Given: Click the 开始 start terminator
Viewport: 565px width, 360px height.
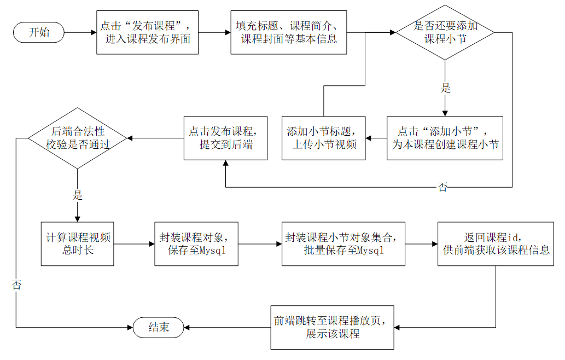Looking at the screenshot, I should pyautogui.click(x=38, y=32).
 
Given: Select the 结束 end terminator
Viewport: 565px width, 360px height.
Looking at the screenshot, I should pyautogui.click(x=159, y=328).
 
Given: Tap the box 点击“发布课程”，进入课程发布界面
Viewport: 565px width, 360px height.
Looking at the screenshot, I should pyautogui.click(x=147, y=32).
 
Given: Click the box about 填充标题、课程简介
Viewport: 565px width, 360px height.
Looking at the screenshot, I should pyautogui.click(x=288, y=32).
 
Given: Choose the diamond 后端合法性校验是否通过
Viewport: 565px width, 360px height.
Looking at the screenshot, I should pyautogui.click(x=77, y=138).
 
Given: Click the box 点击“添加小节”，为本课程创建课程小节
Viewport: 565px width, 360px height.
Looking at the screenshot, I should pyautogui.click(x=444, y=138).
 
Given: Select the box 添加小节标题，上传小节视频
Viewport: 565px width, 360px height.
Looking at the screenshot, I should pyautogui.click(x=323, y=138).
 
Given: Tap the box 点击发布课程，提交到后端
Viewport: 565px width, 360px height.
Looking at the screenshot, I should pyautogui.click(x=225, y=138).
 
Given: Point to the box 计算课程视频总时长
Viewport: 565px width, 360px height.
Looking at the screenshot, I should pyautogui.click(x=77, y=243).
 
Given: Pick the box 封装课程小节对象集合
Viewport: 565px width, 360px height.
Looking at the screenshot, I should pyautogui.click(x=343, y=243).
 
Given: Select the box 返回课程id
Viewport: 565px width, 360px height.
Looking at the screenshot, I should pyautogui.click(x=496, y=243).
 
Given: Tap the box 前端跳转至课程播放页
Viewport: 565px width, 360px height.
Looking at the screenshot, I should pyautogui.click(x=333, y=327).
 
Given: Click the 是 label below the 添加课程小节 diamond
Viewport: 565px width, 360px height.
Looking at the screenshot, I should pyautogui.click(x=445, y=88).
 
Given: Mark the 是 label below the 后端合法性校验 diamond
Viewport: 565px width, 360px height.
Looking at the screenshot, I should pyautogui.click(x=77, y=195).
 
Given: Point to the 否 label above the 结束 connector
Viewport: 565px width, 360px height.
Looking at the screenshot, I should pyautogui.click(x=16, y=286).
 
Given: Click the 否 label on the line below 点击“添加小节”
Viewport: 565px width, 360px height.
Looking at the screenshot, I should pyautogui.click(x=442, y=188).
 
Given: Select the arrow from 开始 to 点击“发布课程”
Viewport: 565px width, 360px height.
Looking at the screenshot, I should pyautogui.click(x=80, y=32).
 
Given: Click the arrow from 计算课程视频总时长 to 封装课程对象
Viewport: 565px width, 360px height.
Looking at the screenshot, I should pyautogui.click(x=134, y=243).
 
